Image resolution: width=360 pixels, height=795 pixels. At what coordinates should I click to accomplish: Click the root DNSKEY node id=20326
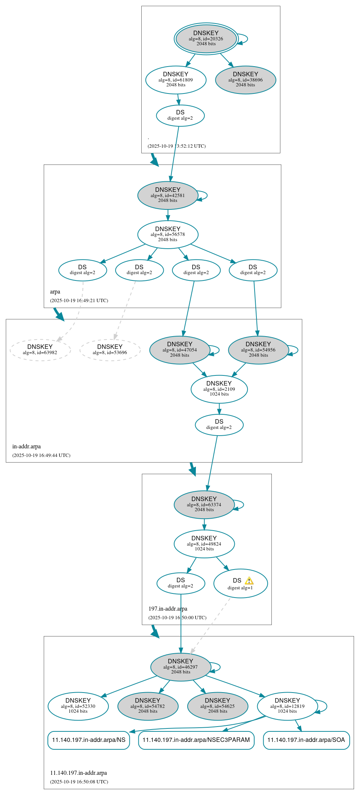click(x=206, y=39)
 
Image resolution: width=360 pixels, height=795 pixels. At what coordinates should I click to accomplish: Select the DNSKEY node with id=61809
click(x=176, y=80)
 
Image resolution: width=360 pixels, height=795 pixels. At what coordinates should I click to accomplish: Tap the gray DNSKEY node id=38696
click(x=246, y=80)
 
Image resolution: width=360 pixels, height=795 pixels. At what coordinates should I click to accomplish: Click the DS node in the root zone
click(x=180, y=116)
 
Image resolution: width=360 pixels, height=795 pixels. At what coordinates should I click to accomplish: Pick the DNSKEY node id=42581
click(x=168, y=195)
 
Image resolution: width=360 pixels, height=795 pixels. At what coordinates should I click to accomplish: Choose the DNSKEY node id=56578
click(x=168, y=234)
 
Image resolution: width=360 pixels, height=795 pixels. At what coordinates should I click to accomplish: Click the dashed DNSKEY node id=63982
click(x=40, y=350)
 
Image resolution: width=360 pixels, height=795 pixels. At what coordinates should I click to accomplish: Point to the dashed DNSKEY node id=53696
click(x=110, y=350)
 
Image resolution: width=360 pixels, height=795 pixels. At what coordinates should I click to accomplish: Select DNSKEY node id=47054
click(x=180, y=350)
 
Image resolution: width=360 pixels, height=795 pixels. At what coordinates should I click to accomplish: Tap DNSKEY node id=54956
click(x=258, y=350)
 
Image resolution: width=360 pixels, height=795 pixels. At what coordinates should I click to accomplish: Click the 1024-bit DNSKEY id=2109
click(x=219, y=389)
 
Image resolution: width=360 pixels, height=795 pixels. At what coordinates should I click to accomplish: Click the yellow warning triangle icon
click(x=249, y=581)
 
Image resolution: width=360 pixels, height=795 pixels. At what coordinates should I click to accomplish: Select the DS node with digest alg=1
click(x=240, y=584)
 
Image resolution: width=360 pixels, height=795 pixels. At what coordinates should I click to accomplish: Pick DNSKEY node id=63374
click(x=204, y=505)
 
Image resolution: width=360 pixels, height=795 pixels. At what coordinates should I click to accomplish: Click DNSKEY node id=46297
click(x=181, y=667)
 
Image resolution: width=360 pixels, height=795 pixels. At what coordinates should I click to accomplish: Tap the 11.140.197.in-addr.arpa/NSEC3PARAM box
click(x=196, y=740)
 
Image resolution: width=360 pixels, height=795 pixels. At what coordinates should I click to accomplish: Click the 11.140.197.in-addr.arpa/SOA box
click(x=306, y=740)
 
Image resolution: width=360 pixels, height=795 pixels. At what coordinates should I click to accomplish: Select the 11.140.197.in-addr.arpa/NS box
click(x=89, y=740)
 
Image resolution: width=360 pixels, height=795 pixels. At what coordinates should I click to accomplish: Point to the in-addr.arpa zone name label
click(x=27, y=446)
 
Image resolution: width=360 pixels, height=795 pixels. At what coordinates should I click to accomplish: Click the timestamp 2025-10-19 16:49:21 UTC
click(x=79, y=301)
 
